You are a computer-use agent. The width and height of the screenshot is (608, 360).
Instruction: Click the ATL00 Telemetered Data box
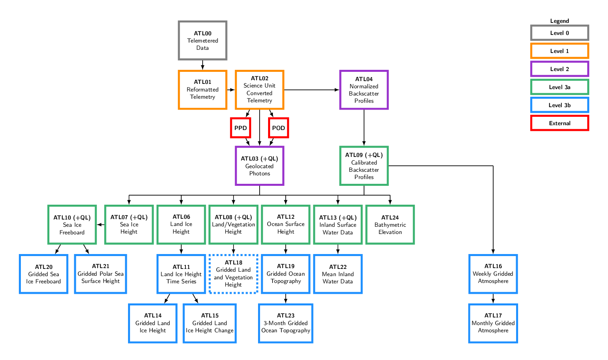[x=203, y=41]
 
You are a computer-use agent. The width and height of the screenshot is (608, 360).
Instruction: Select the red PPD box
[x=240, y=128]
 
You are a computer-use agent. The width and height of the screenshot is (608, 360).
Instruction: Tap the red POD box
[x=279, y=128]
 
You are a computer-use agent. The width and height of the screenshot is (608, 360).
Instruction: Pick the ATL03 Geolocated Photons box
[x=260, y=166]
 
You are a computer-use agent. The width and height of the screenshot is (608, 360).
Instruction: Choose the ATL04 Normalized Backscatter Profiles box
[x=364, y=90]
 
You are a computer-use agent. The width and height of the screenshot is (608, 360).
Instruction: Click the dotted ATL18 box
[x=233, y=274]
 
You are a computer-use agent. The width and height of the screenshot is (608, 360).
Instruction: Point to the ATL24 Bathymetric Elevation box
[x=390, y=225]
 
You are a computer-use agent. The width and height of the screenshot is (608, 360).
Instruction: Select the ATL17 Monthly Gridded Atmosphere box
[x=493, y=323]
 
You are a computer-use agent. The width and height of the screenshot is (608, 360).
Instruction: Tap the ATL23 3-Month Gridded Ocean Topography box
[x=286, y=323]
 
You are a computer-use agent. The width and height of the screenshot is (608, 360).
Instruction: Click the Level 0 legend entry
[x=559, y=33]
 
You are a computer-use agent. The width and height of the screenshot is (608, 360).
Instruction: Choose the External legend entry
[x=559, y=123]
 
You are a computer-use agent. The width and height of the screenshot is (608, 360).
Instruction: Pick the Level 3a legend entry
[x=559, y=87]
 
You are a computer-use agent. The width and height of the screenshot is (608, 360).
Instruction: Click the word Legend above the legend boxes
[x=559, y=21]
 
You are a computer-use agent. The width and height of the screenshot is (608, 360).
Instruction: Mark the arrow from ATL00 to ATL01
[x=203, y=65]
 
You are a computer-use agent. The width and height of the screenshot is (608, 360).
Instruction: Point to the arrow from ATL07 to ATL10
[x=100, y=225]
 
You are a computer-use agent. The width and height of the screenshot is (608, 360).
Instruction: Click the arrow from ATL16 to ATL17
[x=493, y=299]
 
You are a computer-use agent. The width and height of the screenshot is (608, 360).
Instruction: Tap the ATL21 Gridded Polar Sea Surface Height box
[x=100, y=274]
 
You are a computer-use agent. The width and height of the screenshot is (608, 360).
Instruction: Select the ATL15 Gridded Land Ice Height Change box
[x=209, y=323]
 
